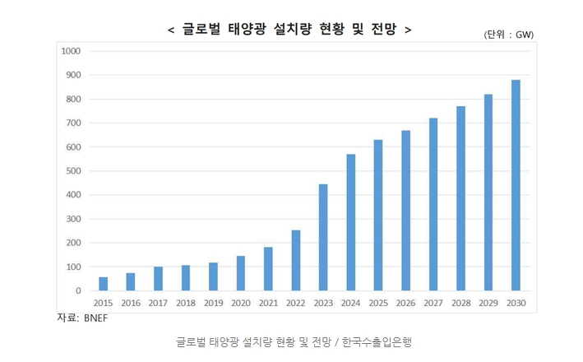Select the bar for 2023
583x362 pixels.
coord(323,238)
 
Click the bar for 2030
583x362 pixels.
coord(516,185)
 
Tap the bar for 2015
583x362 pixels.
coord(103,284)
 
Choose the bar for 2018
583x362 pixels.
coord(186,278)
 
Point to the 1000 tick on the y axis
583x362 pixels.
coord(72,51)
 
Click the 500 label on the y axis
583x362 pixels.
coord(73,171)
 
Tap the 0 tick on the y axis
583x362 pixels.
coord(79,291)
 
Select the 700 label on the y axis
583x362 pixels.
coord(73,123)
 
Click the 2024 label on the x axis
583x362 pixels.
coord(351,304)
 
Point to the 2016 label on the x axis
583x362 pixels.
coord(131,304)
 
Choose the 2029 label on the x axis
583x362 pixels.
coord(488,304)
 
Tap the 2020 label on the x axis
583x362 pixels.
coord(241,304)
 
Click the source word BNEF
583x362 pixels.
coord(95,318)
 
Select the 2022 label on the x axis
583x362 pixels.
coord(296,304)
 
